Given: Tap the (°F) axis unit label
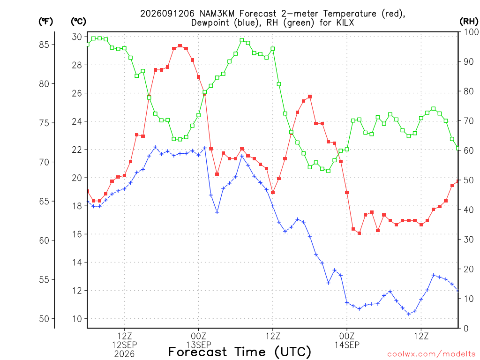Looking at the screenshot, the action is pyautogui.click(x=45, y=22).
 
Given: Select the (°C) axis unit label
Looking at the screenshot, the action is pyautogui.click(x=78, y=22).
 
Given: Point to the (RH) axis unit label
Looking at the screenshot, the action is pyautogui.click(x=469, y=22).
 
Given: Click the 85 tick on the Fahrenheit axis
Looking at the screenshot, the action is pyautogui.click(x=44, y=45).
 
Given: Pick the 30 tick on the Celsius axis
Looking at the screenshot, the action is pyautogui.click(x=77, y=37).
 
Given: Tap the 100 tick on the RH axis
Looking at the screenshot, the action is pyautogui.click(x=472, y=32).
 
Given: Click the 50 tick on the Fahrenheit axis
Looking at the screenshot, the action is pyautogui.click(x=44, y=319).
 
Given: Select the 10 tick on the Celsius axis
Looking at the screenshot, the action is pyautogui.click(x=77, y=319).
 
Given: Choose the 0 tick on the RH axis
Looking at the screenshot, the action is pyautogui.click(x=466, y=329).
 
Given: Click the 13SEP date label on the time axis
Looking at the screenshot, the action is pyautogui.click(x=199, y=345).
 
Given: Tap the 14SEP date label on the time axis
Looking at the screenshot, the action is pyautogui.click(x=347, y=345).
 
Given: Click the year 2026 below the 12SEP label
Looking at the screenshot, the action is pyautogui.click(x=124, y=354).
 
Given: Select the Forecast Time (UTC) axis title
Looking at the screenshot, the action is pyautogui.click(x=240, y=352).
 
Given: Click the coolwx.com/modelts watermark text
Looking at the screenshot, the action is pyautogui.click(x=431, y=354).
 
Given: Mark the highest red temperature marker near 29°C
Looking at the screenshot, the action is pyautogui.click(x=180, y=46).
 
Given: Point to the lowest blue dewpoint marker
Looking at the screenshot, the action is pyautogui.click(x=409, y=314).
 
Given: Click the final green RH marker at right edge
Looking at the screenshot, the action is pyautogui.click(x=458, y=149).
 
